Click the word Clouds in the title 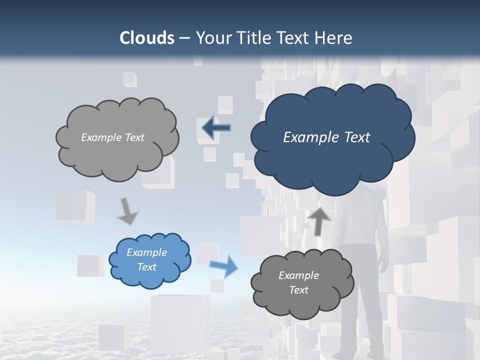click(x=147, y=38)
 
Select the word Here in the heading click(x=334, y=38)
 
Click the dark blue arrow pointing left click(x=215, y=127)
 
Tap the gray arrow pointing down click(x=127, y=211)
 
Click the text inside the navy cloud click(x=326, y=137)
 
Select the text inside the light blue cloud click(x=147, y=259)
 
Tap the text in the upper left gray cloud click(x=112, y=137)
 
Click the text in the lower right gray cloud click(x=298, y=282)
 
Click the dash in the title click(x=184, y=38)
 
